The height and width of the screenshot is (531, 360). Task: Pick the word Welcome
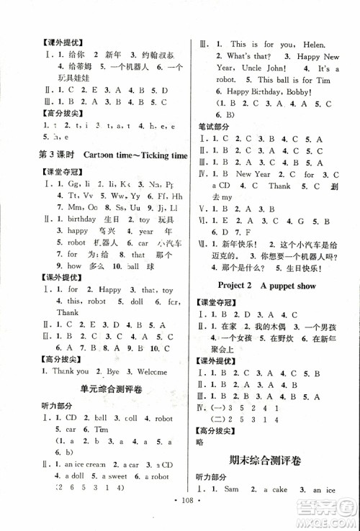pyautogui.click(x=149, y=371)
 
